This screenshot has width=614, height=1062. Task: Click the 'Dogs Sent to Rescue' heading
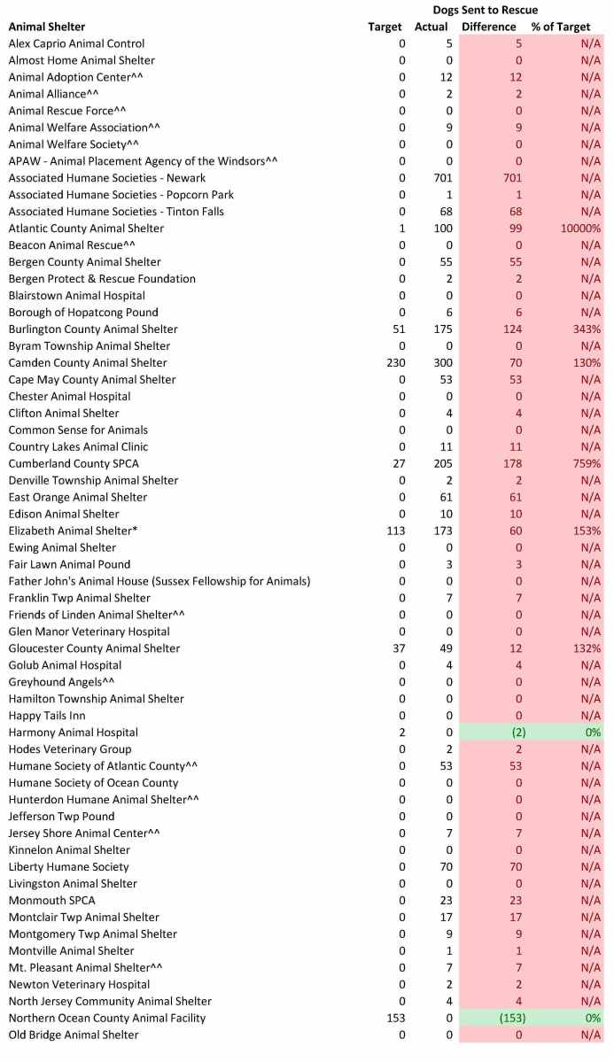(x=486, y=10)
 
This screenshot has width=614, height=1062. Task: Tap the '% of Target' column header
(x=561, y=27)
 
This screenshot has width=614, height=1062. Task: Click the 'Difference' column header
(x=488, y=27)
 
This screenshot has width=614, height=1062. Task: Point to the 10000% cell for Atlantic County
(x=580, y=229)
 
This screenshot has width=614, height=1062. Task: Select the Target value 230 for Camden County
(x=394, y=363)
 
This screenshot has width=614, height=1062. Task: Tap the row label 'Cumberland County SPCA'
(x=74, y=464)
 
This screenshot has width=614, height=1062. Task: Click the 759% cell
(x=587, y=464)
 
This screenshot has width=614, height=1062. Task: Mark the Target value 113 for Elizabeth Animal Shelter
(x=394, y=531)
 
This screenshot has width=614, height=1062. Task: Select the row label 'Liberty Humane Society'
(x=68, y=867)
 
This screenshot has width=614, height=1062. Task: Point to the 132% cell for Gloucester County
(x=587, y=648)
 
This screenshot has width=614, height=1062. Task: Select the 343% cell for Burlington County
(x=587, y=329)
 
